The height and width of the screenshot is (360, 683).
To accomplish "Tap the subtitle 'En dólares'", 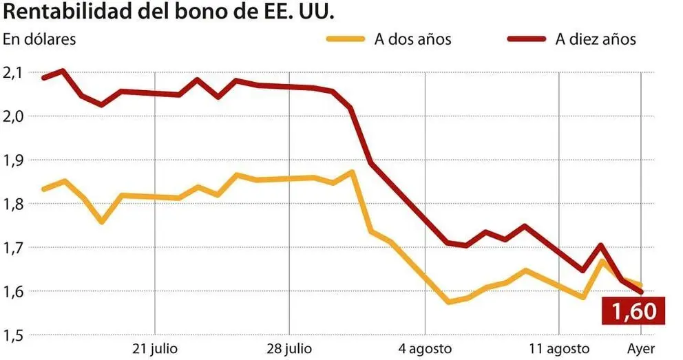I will [x=39, y=39].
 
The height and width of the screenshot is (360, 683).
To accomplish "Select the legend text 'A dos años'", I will [x=412, y=39].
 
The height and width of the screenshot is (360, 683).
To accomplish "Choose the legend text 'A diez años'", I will [x=596, y=39].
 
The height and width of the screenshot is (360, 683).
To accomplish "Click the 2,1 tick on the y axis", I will [x=14, y=72].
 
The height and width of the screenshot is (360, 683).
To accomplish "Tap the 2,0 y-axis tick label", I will [x=14, y=116].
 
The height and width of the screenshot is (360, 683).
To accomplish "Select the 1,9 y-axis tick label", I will [x=14, y=160].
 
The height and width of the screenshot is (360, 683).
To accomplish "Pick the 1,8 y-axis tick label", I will [x=14, y=204].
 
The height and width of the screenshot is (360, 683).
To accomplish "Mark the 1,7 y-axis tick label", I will [x=14, y=247].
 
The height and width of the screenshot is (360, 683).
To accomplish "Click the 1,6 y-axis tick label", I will [x=14, y=291].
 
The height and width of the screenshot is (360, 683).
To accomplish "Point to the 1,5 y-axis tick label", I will [x=14, y=335].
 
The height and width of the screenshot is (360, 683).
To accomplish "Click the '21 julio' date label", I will [x=154, y=348].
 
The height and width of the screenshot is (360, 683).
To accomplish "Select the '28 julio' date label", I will [x=289, y=348].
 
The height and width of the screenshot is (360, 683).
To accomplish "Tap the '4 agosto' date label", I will [x=425, y=348].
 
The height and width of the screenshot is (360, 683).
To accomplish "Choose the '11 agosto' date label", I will [x=559, y=348].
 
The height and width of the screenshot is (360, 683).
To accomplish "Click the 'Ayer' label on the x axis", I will [x=641, y=348].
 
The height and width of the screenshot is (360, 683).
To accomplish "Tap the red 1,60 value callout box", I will [x=634, y=311].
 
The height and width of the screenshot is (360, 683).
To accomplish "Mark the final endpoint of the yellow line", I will [x=642, y=285].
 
